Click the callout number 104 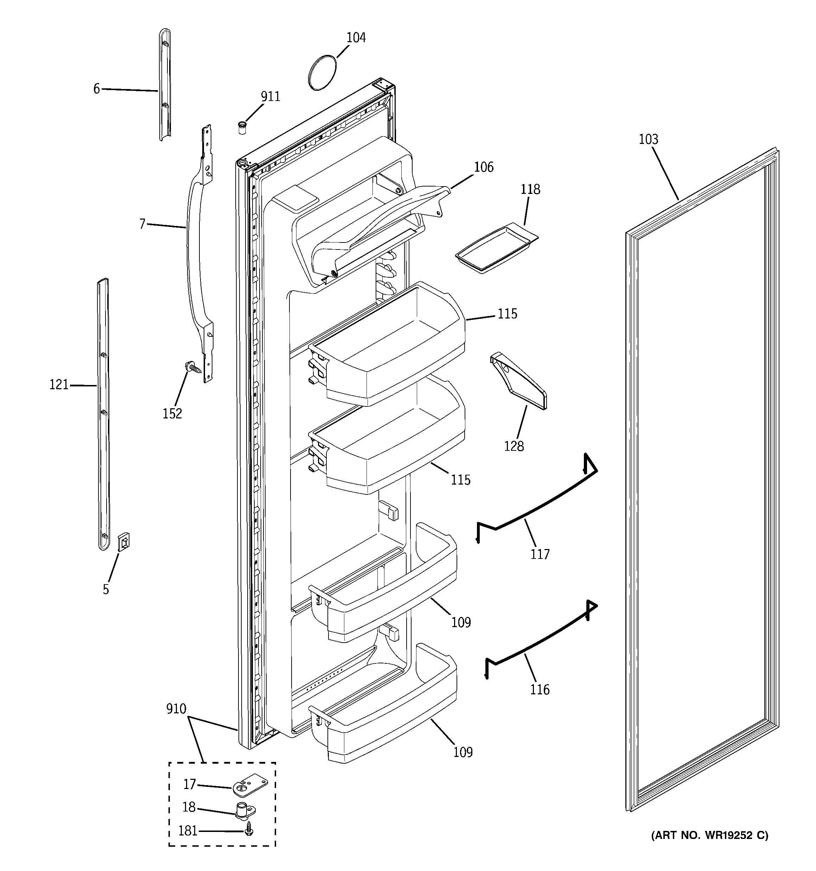point(356,38)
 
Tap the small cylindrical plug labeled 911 point(242,128)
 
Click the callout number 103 point(648,139)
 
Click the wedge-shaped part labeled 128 point(518,382)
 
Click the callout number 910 point(176,708)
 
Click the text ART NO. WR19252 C point(709,848)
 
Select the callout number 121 point(59,385)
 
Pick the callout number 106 point(484,168)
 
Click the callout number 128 point(514,447)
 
